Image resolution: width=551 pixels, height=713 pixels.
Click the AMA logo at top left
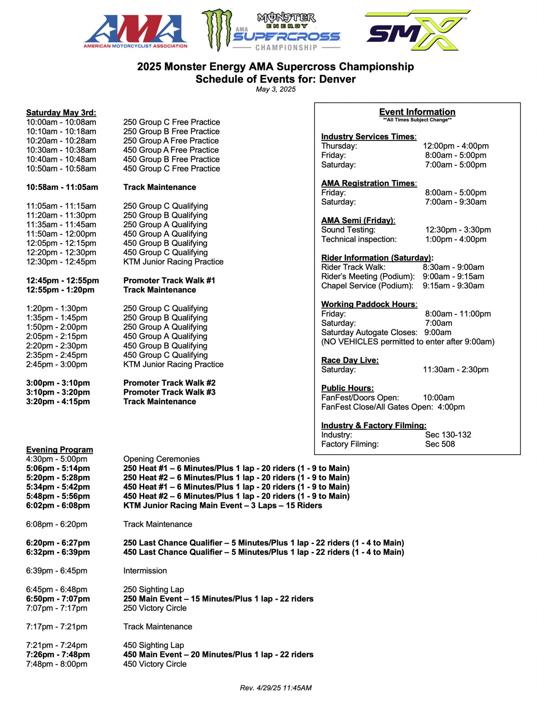pyautogui.click(x=135, y=31)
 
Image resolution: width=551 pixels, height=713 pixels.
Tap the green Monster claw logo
pyautogui.click(x=217, y=30)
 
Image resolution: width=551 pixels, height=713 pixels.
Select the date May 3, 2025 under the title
pyautogui.click(x=275, y=89)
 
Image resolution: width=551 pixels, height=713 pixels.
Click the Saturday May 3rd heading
pyautogui.click(x=61, y=112)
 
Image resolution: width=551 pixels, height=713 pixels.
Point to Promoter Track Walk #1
pyautogui.click(x=169, y=280)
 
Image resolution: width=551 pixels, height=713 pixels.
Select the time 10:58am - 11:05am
pyautogui.click(x=62, y=187)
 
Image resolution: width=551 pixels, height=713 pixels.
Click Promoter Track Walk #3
pyautogui.click(x=169, y=392)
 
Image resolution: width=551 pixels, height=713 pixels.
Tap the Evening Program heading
pyautogui.click(x=59, y=449)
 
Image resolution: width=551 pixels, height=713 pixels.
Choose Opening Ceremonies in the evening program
pyautogui.click(x=161, y=459)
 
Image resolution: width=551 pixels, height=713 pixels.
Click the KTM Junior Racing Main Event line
pyautogui.click(x=222, y=505)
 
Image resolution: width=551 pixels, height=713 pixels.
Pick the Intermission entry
pyautogui.click(x=145, y=571)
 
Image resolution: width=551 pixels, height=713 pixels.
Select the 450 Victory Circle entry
pyautogui.click(x=155, y=664)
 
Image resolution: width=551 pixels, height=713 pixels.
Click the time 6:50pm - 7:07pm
pyautogui.click(x=58, y=599)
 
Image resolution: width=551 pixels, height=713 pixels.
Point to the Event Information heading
pyautogui.click(x=417, y=112)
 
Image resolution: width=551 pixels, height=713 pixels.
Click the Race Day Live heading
pyautogui.click(x=350, y=360)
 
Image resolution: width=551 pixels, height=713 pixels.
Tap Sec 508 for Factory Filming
pyautogui.click(x=440, y=444)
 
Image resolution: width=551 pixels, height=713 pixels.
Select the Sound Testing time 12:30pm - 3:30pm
pyautogui.click(x=457, y=230)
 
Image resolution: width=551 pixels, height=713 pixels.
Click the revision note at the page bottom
pyautogui.click(x=275, y=688)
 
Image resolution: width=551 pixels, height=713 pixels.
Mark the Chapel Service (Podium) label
pyautogui.click(x=367, y=286)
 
